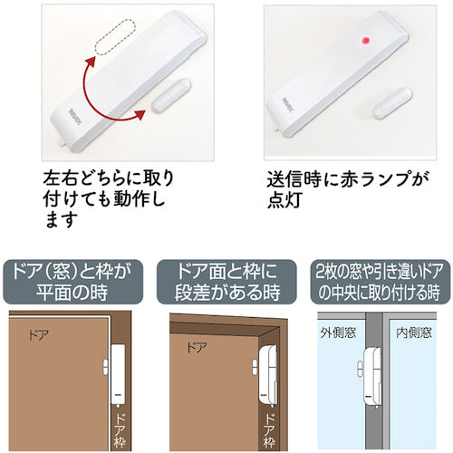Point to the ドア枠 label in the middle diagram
270,423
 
